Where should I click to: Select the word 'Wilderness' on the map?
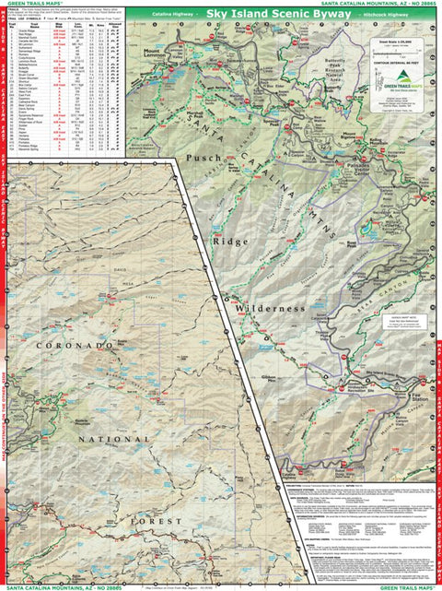coord(268,307)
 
